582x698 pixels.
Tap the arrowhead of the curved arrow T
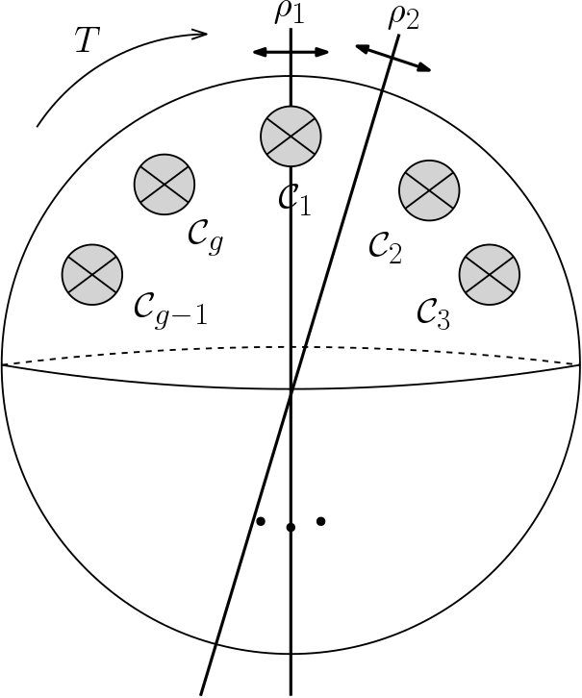tap(199, 35)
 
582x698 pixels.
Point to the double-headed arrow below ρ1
tap(291, 52)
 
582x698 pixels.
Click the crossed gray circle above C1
tap(291, 135)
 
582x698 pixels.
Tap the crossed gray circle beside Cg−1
tap(92, 272)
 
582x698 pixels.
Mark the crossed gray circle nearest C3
tap(490, 273)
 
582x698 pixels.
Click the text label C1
tap(291, 198)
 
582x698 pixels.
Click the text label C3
tap(433, 311)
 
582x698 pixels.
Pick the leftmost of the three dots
tap(260, 522)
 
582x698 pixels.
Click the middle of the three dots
tap(291, 527)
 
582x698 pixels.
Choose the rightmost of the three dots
tap(321, 522)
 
